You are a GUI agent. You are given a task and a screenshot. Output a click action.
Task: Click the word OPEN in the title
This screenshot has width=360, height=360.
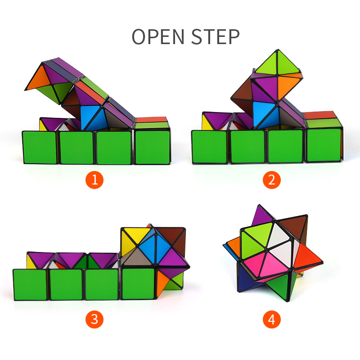click(158, 36)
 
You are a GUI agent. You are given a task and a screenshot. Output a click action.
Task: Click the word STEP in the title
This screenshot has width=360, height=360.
click(216, 36)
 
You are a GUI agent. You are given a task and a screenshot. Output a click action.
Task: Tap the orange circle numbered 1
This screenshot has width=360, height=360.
click(94, 180)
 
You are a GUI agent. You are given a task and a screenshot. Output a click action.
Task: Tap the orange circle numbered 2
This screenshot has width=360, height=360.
click(272, 180)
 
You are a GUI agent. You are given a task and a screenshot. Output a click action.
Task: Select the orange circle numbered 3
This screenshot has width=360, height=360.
click(94, 319)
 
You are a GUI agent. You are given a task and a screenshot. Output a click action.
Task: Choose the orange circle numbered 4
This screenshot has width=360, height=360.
click(272, 319)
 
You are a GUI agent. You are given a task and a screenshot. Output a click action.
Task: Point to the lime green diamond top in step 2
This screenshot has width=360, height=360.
click(277, 63)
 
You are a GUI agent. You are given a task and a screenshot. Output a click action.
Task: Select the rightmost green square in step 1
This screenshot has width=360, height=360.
click(153, 147)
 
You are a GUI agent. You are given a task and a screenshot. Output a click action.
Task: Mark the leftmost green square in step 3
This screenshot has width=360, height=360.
click(30, 285)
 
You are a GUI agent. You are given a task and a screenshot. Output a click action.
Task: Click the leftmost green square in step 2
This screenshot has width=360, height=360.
click(209, 147)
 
